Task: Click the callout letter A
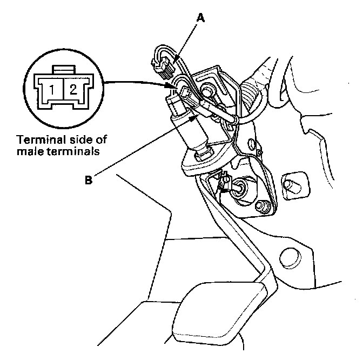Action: point(201,18)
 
